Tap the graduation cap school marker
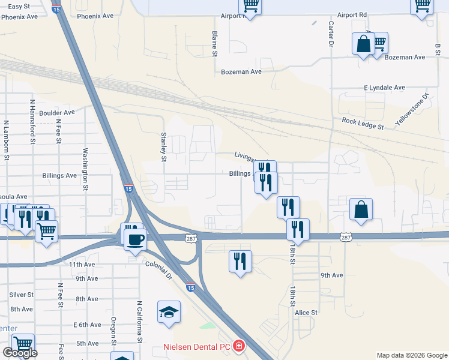click(x=169, y=312)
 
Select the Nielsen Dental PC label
click(x=197, y=347)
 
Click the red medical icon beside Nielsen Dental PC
click(x=239, y=346)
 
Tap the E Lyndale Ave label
click(x=384, y=88)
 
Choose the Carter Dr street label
click(x=331, y=34)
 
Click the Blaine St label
click(x=214, y=44)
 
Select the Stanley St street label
click(x=163, y=147)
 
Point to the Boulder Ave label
click(x=56, y=112)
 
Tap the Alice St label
click(x=306, y=313)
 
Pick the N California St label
click(x=139, y=323)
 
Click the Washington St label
click(x=86, y=169)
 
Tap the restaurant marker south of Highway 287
click(x=240, y=262)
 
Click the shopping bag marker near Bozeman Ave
click(x=363, y=44)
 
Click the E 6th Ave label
click(x=87, y=325)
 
